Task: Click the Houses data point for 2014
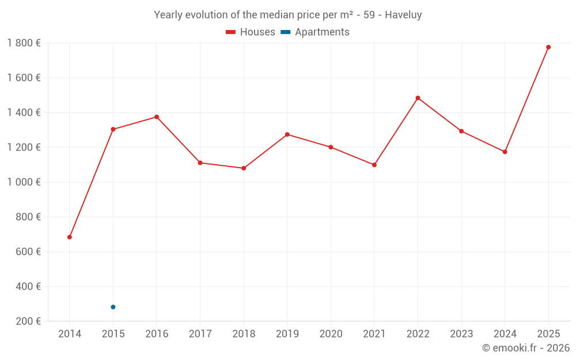(x=70, y=237)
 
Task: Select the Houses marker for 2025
(x=548, y=47)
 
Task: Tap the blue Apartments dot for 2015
(x=113, y=307)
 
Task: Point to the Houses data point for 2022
(x=418, y=98)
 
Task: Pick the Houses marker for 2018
(x=244, y=168)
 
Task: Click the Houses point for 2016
(x=157, y=117)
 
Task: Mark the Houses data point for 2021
(x=374, y=165)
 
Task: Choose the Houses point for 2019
(x=287, y=134)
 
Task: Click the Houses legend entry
(x=250, y=32)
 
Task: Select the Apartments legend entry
(x=316, y=32)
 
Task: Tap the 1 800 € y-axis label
(x=24, y=43)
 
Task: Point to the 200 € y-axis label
(x=28, y=321)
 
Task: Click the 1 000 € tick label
(x=24, y=182)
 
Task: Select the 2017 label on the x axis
(x=200, y=334)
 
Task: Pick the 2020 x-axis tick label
(x=331, y=334)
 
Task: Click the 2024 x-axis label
(x=505, y=334)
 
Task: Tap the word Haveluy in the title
(x=403, y=15)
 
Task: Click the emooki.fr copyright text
(x=526, y=348)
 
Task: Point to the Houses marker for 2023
(x=461, y=131)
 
